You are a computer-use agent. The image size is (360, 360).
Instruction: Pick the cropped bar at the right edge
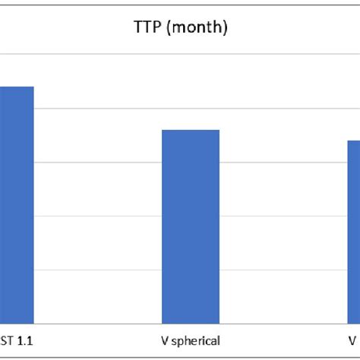click(x=354, y=232)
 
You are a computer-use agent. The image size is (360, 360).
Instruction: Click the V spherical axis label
click(x=190, y=341)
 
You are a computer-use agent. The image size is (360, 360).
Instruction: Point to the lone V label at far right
click(x=353, y=341)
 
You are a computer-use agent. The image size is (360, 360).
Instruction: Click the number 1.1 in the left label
click(x=24, y=341)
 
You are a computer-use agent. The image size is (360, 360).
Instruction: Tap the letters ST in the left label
click(x=8, y=341)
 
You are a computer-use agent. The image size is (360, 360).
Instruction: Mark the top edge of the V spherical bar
click(x=190, y=131)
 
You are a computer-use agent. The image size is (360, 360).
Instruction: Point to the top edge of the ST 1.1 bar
click(x=17, y=87)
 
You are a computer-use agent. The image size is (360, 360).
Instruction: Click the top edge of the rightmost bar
click(x=354, y=141)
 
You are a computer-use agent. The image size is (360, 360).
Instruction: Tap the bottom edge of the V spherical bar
click(x=190, y=323)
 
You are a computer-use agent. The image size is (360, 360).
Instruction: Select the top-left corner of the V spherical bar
click(x=162, y=131)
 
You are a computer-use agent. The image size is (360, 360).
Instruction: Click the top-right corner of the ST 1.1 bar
click(x=33, y=87)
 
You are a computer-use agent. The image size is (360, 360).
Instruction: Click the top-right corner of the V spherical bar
click(x=219, y=131)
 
